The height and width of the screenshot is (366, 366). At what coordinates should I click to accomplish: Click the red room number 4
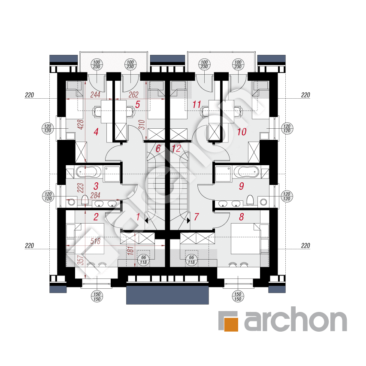click(x=96, y=132)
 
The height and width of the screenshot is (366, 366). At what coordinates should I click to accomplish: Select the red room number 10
click(x=242, y=132)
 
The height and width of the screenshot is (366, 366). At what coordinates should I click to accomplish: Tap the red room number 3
click(x=96, y=186)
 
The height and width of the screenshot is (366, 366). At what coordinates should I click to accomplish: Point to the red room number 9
click(x=242, y=186)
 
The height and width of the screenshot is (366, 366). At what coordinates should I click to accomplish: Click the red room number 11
click(x=197, y=105)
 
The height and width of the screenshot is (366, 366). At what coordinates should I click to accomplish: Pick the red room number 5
click(x=137, y=105)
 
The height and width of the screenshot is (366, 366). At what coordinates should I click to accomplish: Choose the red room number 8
click(x=242, y=217)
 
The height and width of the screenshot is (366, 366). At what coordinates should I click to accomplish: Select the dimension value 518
click(x=95, y=241)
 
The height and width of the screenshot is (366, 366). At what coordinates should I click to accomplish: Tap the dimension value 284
click(x=95, y=195)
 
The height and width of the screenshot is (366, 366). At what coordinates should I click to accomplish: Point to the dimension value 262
click(x=133, y=94)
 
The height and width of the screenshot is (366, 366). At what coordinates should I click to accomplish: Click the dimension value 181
click(x=131, y=250)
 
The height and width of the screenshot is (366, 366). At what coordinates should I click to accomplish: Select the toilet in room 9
click(x=250, y=200)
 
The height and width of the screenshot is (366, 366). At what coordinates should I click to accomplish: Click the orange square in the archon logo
click(x=231, y=324)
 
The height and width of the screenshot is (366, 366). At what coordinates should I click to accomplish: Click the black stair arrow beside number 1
click(x=146, y=220)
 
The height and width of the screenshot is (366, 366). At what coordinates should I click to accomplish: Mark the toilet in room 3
click(x=85, y=200)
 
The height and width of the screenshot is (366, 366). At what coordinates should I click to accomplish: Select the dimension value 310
click(x=142, y=124)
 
